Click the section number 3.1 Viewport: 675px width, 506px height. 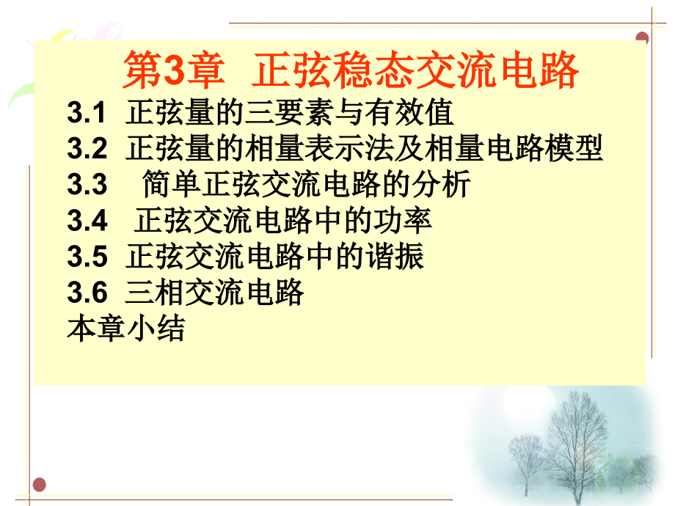[x=86, y=113]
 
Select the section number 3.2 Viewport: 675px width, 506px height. [x=87, y=148]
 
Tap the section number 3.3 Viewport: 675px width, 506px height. [x=87, y=184]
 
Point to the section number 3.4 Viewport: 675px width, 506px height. [x=87, y=220]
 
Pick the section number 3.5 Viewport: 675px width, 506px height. [x=87, y=257]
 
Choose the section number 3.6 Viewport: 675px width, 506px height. [x=87, y=292]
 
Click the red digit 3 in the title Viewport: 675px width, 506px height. [x=175, y=70]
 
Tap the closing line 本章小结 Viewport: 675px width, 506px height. [x=126, y=329]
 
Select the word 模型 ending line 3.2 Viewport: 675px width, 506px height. [x=574, y=148]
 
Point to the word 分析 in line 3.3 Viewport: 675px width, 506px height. [x=441, y=184]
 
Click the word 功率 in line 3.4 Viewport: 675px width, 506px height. [x=403, y=220]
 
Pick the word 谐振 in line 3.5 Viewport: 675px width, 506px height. [x=395, y=257]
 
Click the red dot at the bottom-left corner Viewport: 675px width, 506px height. [x=39, y=485]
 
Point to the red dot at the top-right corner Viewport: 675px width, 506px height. [x=642, y=37]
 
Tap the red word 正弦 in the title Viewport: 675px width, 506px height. [x=294, y=70]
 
